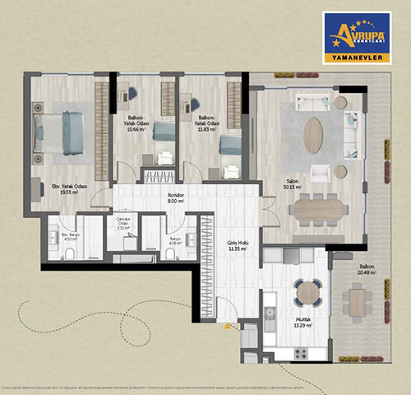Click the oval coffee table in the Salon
313,135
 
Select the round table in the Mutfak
309,290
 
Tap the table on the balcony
358,300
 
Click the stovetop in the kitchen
300,352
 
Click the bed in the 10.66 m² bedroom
164,132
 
